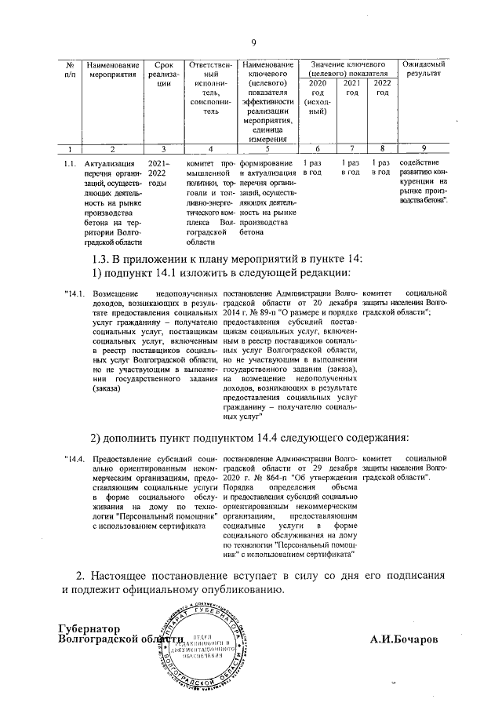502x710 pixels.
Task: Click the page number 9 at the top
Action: click(253, 42)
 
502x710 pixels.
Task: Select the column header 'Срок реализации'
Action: click(163, 74)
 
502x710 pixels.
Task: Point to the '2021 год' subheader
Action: click(353, 88)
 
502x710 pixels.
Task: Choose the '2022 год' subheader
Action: click(382, 88)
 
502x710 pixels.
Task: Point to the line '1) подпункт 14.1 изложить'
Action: click(220, 274)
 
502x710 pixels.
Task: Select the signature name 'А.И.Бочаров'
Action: click(406, 639)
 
